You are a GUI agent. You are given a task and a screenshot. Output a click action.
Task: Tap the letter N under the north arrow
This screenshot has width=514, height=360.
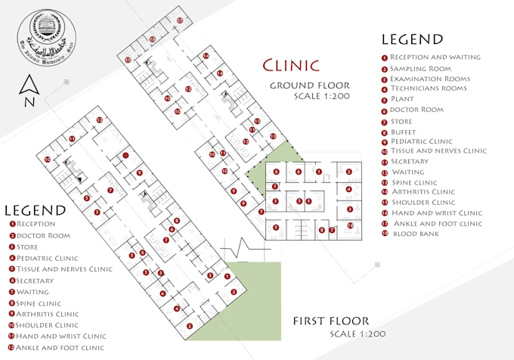(28, 103)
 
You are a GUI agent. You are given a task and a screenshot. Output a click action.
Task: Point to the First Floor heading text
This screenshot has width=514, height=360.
(331, 321)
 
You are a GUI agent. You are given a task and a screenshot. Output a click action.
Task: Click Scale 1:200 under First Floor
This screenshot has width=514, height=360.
(357, 334)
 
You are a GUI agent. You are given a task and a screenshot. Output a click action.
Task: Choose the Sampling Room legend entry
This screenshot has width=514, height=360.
(420, 69)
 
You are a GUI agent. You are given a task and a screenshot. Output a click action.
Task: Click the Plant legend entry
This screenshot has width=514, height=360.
(401, 99)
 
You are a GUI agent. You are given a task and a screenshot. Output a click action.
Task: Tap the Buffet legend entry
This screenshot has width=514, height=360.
(404, 131)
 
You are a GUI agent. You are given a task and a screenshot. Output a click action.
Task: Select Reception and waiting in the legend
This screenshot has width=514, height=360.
(435, 57)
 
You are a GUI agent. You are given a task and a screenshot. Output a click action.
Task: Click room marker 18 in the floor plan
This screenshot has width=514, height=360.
(350, 225)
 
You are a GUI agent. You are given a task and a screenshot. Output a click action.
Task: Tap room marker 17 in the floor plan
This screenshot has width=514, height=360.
(179, 20)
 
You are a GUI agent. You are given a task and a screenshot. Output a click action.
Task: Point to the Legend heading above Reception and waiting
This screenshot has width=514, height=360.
(412, 39)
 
